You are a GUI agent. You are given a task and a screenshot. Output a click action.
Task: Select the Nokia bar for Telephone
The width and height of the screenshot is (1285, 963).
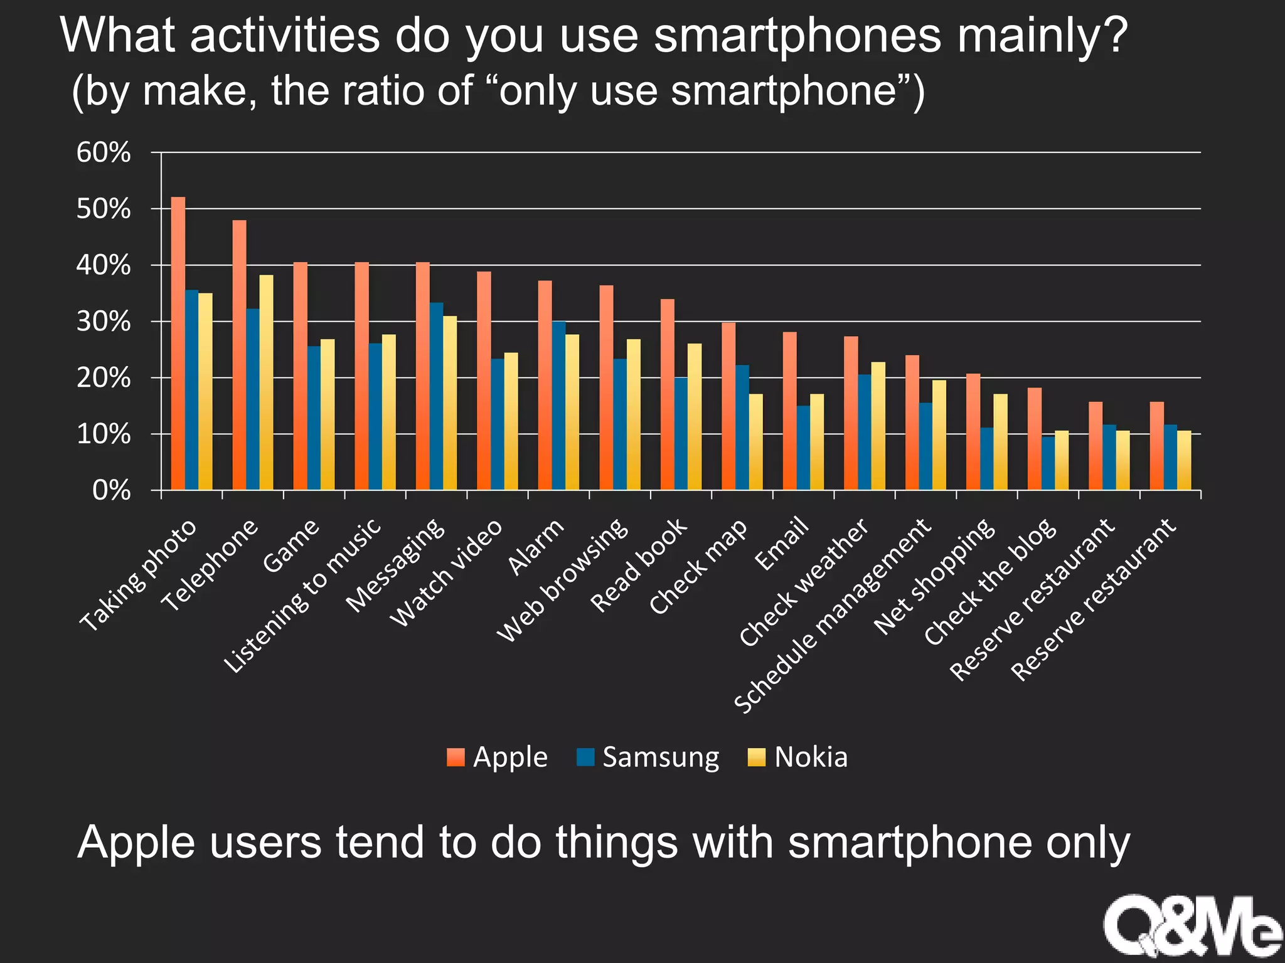tap(267, 382)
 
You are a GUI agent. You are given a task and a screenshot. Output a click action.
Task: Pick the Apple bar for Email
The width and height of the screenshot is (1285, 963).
tap(790, 411)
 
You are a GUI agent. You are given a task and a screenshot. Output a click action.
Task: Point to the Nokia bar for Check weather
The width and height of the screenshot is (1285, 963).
tap(878, 426)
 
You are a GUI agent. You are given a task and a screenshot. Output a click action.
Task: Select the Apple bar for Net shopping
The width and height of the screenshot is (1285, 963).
tap(973, 432)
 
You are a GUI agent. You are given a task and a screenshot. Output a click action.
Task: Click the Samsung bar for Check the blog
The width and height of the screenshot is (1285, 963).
tap(1048, 463)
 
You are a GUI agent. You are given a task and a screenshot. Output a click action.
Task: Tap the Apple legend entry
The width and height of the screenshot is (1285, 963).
tap(497, 757)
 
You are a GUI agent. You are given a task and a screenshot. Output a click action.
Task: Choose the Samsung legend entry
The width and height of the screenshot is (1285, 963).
tap(648, 757)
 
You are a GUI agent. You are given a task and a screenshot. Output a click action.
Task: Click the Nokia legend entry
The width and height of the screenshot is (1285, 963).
tap(798, 757)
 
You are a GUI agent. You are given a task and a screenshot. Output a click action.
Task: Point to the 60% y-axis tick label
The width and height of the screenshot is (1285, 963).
tap(104, 152)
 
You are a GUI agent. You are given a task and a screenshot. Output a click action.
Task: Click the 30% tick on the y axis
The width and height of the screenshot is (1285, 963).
tap(104, 322)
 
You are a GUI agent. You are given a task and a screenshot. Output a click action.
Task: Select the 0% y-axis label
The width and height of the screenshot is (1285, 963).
tap(111, 490)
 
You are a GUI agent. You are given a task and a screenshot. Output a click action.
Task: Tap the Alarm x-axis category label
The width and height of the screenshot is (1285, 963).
tap(536, 547)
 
